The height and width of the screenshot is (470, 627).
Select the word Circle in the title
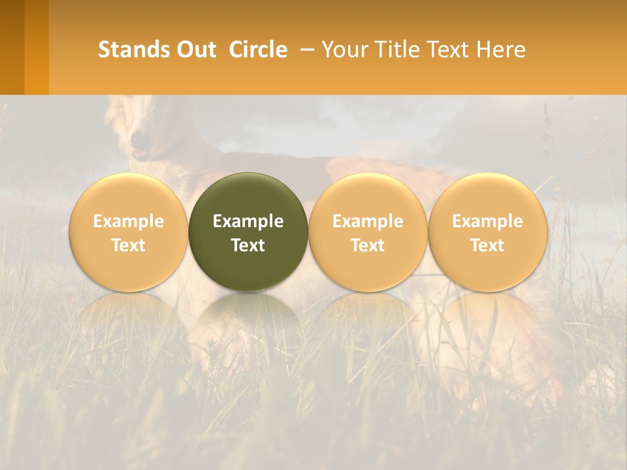(x=258, y=50)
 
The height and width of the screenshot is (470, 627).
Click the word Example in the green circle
(x=248, y=221)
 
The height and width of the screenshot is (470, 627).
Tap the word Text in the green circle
(x=248, y=245)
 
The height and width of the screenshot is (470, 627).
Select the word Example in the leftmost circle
(x=129, y=221)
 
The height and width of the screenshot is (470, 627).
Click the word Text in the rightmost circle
(x=488, y=245)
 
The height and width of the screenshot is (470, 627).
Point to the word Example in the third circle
(x=368, y=221)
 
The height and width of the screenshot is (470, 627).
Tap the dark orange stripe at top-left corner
(x=12, y=47)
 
